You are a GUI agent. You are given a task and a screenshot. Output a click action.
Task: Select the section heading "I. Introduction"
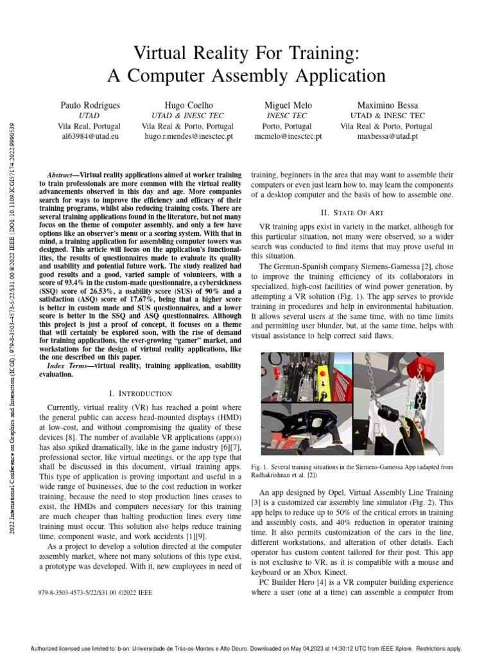tap(140, 393)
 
